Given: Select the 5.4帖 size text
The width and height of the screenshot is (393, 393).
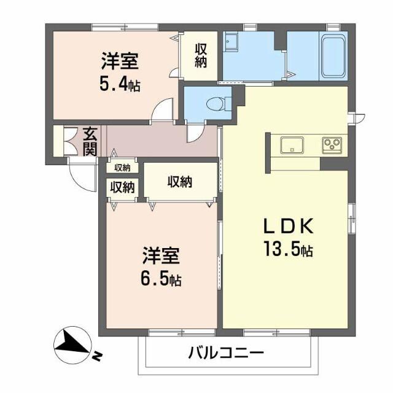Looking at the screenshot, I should (120, 84).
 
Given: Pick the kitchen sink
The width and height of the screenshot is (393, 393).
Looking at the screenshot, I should (291, 146).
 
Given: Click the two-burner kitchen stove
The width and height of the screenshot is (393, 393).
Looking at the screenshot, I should (332, 146).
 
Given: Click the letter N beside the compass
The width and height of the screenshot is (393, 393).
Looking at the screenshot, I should (98, 357).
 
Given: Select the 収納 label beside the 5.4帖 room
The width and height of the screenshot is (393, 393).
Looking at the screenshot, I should (201, 55).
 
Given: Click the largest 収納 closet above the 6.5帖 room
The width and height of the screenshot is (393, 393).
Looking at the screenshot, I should (180, 181).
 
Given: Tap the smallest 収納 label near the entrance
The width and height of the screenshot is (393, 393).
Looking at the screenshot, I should (122, 168).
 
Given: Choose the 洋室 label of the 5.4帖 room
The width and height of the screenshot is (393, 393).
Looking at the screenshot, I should (120, 61).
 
